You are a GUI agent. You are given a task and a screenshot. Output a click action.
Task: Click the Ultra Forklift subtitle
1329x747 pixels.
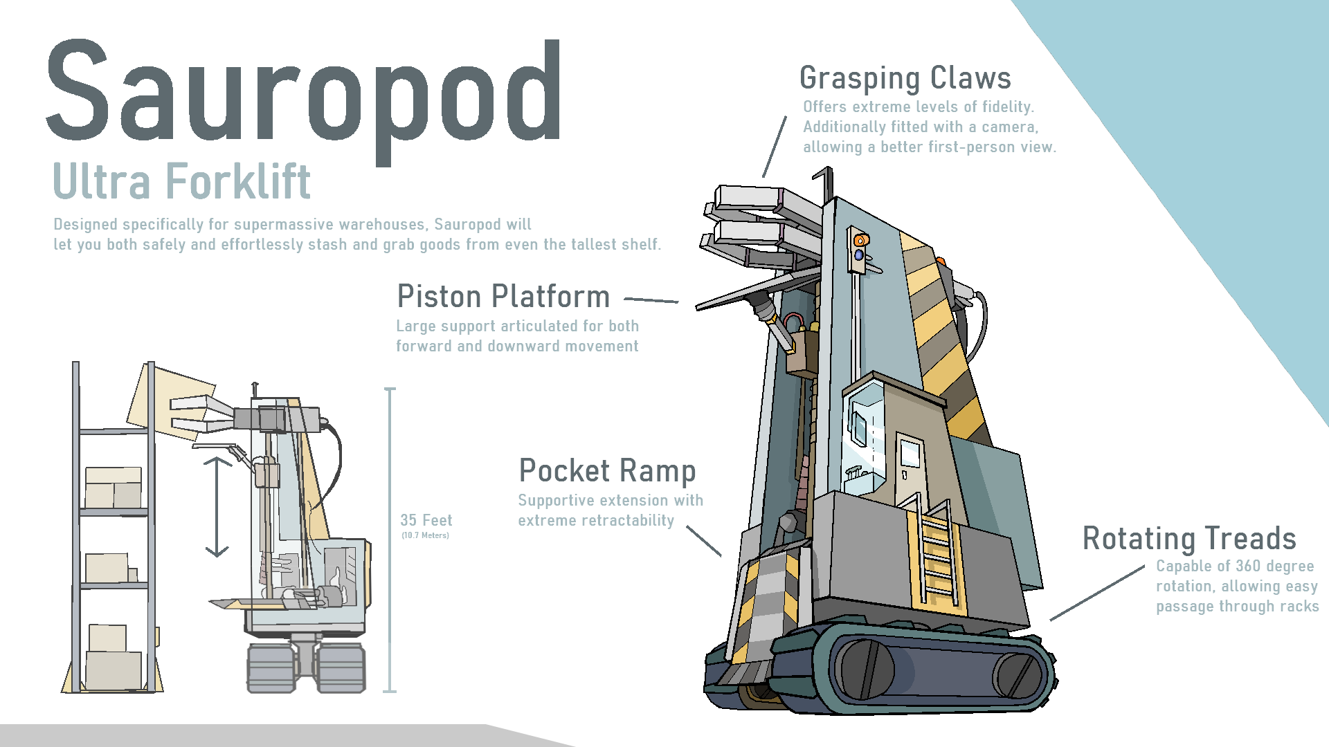(181, 182)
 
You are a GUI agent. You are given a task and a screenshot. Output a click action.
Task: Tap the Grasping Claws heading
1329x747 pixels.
(905, 78)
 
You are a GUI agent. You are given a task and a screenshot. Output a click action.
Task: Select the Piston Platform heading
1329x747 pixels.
(503, 297)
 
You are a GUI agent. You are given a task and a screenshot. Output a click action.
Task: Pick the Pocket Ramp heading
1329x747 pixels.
(607, 471)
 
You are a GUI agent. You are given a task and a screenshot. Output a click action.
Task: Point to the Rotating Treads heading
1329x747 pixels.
(1188, 539)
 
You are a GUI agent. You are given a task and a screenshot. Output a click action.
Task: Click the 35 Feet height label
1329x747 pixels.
(426, 520)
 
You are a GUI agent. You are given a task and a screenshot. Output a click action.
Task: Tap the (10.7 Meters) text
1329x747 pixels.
(425, 535)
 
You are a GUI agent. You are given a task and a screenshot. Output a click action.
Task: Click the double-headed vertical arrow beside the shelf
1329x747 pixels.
(217, 506)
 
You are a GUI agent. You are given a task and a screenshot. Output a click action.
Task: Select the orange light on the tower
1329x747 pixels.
(861, 240)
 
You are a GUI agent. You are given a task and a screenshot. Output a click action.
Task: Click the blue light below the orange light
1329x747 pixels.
(859, 255)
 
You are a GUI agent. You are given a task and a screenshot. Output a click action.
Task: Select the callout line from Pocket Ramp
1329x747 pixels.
(703, 540)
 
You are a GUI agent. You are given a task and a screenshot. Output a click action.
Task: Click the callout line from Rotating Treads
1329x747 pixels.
(1097, 593)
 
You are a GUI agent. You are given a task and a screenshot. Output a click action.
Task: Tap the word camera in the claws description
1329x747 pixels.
(1008, 127)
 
